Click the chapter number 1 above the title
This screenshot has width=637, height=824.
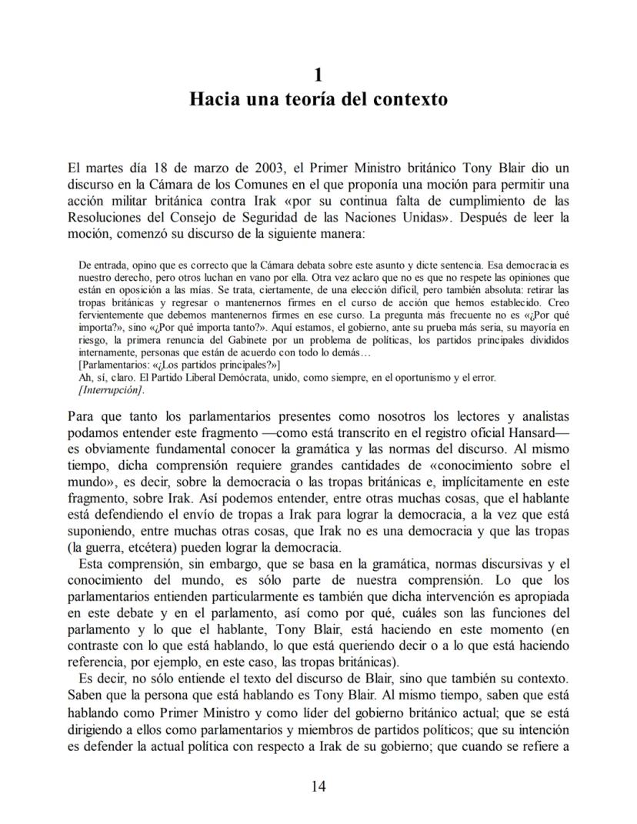(x=318, y=75)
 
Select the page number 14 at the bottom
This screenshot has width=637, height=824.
(x=318, y=786)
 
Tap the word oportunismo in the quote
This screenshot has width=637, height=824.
(x=420, y=377)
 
